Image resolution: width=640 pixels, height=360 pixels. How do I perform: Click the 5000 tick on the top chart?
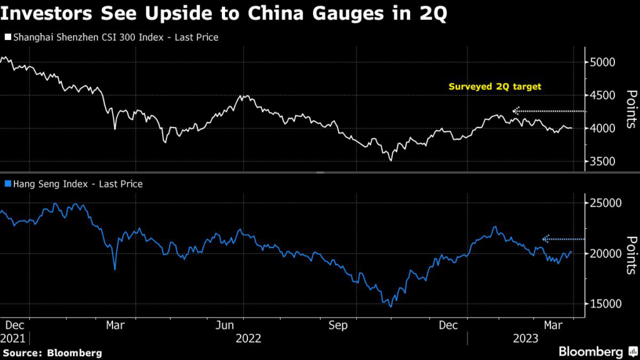point(603,62)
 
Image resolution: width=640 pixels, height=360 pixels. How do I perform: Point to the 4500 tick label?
point(603,96)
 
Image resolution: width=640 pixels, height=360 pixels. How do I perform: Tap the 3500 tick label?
point(603,162)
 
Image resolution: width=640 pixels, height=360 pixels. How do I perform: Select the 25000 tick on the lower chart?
point(606,203)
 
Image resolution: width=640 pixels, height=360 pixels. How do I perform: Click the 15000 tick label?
point(606,304)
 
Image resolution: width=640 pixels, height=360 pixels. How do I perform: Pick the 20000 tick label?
point(606,254)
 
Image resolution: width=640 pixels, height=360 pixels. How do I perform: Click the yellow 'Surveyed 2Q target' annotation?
point(495,87)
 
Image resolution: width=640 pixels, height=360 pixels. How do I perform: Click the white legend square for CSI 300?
point(7,38)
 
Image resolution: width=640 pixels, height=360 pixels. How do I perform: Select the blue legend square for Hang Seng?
point(7,184)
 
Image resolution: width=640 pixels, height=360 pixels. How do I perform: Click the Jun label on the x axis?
point(226,325)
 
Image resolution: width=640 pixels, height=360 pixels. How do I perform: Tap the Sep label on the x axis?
point(338,325)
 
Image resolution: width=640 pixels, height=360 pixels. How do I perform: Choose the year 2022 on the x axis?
point(247,338)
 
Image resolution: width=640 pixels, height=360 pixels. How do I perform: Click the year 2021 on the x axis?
point(14,338)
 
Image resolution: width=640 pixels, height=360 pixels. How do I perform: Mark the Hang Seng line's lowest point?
point(391,306)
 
